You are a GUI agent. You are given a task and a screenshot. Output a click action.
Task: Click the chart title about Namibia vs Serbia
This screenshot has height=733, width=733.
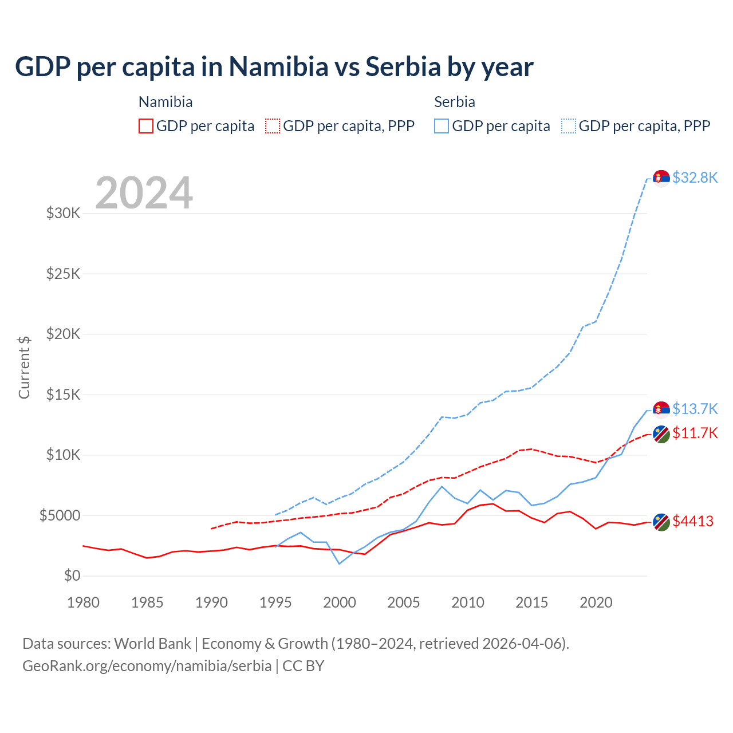coord(274,67)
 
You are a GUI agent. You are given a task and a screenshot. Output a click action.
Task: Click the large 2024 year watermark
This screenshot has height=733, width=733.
coord(144,193)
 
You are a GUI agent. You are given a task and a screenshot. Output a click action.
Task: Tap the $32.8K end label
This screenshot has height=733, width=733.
coord(695,178)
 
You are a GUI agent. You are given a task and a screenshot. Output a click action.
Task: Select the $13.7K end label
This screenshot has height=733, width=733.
coord(695,409)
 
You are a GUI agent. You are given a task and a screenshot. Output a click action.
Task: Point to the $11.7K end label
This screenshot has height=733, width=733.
coord(695,433)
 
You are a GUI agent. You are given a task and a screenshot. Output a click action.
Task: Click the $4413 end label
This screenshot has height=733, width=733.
coord(693,521)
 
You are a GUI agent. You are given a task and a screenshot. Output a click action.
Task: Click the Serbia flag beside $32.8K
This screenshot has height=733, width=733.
coord(661,178)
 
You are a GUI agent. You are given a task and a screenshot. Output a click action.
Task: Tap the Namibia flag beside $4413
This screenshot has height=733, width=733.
coord(661,522)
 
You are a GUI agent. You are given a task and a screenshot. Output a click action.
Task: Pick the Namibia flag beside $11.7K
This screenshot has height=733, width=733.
coord(661,434)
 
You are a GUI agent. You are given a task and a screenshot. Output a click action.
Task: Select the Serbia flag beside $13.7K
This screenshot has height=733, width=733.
coord(661,409)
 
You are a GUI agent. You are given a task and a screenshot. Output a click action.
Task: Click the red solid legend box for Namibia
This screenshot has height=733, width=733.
coord(146,126)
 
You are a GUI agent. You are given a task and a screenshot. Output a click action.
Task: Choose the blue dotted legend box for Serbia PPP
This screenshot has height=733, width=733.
coord(569,126)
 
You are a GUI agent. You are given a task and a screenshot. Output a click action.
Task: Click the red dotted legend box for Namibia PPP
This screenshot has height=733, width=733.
coord(273,126)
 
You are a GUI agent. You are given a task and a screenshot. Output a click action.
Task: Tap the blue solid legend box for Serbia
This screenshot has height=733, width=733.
coord(442,126)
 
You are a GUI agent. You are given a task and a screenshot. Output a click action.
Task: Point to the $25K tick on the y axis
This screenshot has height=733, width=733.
coord(63,274)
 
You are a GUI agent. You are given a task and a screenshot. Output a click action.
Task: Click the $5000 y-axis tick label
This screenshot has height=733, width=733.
coord(60,515)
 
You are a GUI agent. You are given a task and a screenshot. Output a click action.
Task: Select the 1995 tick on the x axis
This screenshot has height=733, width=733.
coord(275,602)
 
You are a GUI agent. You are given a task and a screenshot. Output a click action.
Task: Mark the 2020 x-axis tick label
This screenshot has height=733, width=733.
coord(596,602)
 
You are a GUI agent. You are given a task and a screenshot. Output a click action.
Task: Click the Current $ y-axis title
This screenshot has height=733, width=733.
coord(24,367)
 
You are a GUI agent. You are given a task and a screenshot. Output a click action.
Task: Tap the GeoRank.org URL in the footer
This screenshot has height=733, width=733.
coord(147,666)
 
